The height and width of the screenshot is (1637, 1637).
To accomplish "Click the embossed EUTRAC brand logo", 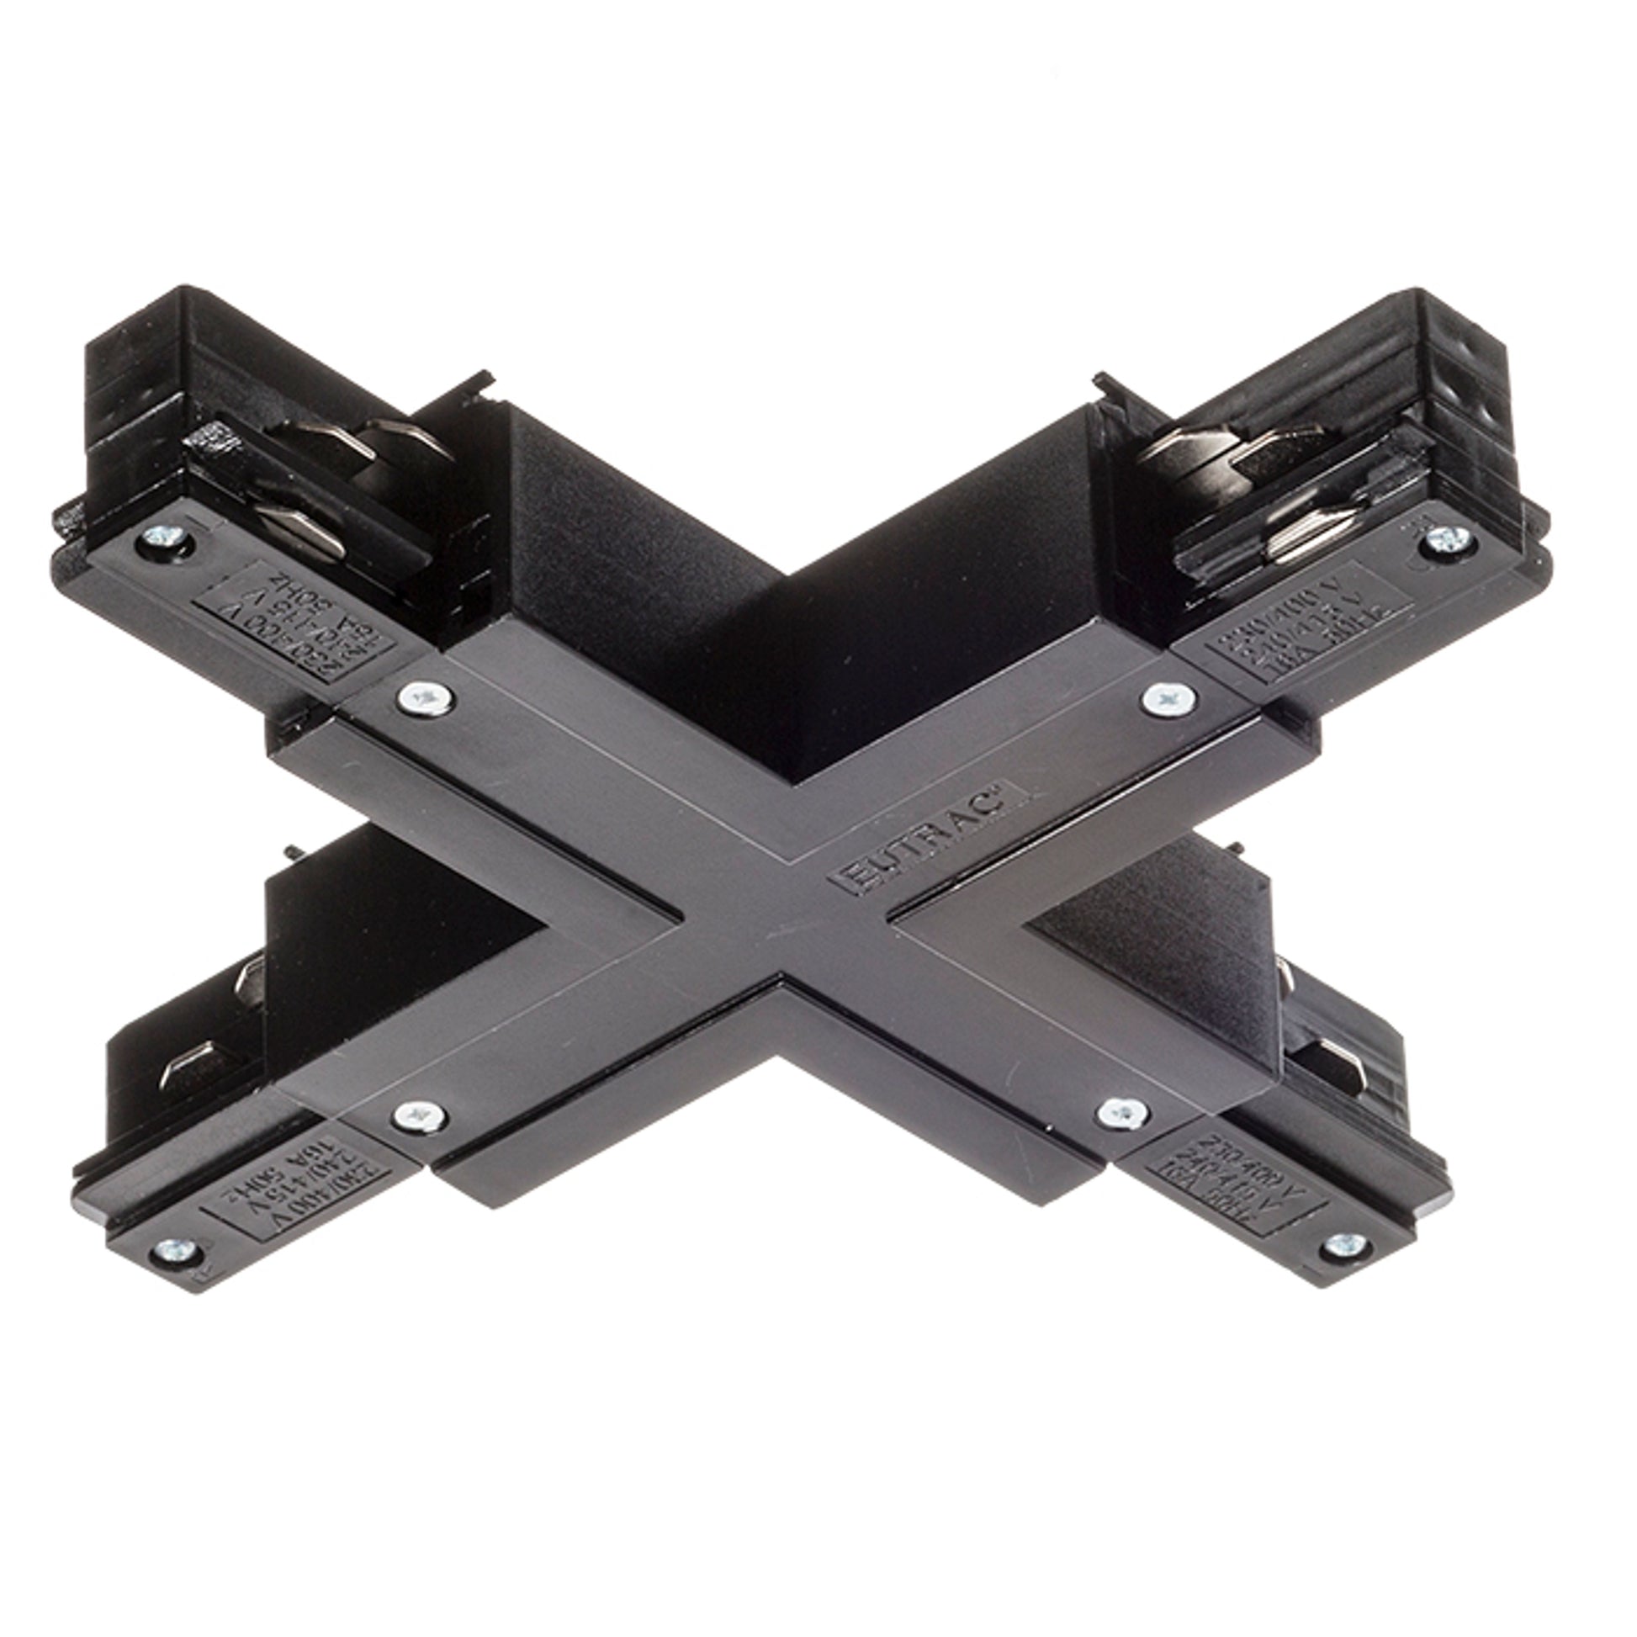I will click(x=931, y=839).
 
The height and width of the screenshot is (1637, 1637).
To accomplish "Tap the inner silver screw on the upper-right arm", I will click(x=1169, y=699).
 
